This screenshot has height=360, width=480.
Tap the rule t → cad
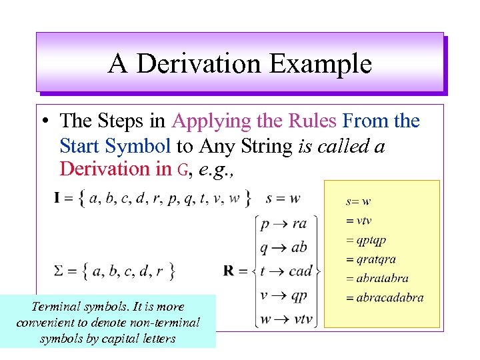(x=286, y=271)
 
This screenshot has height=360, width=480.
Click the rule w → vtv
(x=286, y=319)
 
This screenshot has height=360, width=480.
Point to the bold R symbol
(x=229, y=271)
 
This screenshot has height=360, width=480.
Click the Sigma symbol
(x=59, y=271)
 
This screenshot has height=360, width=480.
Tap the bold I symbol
(x=58, y=198)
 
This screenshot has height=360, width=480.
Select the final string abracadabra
(x=389, y=297)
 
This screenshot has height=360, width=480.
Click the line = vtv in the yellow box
(x=361, y=221)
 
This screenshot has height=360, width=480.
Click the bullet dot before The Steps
(x=43, y=122)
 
